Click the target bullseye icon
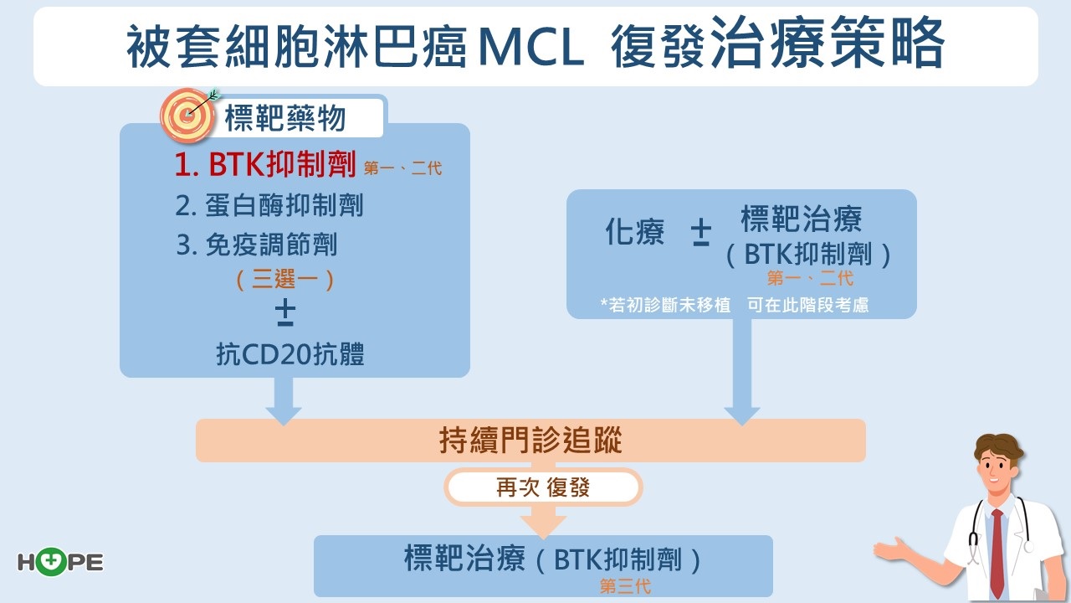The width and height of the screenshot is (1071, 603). pyautogui.click(x=187, y=116)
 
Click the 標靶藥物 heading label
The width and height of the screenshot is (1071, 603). pyautogui.click(x=285, y=119)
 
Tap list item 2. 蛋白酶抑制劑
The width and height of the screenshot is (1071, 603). pyautogui.click(x=269, y=206)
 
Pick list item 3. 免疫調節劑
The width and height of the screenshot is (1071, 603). pyautogui.click(x=257, y=245)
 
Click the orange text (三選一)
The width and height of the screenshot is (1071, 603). pyautogui.click(x=285, y=279)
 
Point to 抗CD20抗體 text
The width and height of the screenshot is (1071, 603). pyautogui.click(x=290, y=355)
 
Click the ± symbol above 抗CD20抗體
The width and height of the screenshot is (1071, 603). pyautogui.click(x=285, y=312)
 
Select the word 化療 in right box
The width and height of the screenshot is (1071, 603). pyautogui.click(x=635, y=233)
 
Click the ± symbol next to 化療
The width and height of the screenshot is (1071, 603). pyautogui.click(x=701, y=234)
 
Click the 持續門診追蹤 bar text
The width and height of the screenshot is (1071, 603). pyautogui.click(x=530, y=441)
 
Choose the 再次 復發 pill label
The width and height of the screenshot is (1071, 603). pyautogui.click(x=543, y=487)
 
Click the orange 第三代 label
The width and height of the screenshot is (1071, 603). pyautogui.click(x=625, y=586)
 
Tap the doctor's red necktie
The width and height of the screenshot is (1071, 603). pyautogui.click(x=997, y=552)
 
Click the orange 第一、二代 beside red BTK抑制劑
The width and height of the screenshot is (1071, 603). pyautogui.click(x=402, y=168)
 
